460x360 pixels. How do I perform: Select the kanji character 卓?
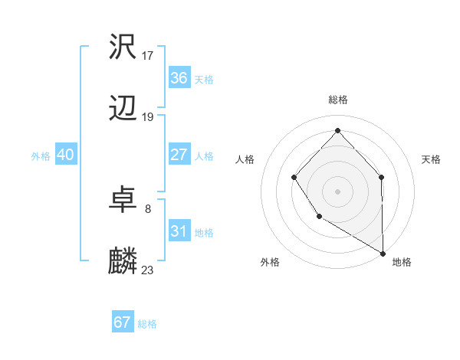[123, 201]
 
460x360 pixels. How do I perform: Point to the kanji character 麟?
[123, 262]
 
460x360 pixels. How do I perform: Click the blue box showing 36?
[179, 78]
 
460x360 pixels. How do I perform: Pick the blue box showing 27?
[179, 155]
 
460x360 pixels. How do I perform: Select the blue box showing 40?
[65, 155]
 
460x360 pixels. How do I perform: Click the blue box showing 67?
[122, 322]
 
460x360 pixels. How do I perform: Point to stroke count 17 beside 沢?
[148, 55]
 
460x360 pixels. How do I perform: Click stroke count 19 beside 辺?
[148, 117]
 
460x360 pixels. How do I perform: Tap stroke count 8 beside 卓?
[148, 208]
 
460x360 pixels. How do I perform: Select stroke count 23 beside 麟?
[148, 270]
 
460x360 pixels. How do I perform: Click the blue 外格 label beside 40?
[41, 156]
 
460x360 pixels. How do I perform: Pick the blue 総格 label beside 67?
[147, 324]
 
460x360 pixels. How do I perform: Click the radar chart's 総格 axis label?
[337, 100]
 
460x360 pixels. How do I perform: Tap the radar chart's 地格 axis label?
[402, 262]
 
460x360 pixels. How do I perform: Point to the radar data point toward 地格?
[383, 253]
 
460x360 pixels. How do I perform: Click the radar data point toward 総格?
[337, 130]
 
